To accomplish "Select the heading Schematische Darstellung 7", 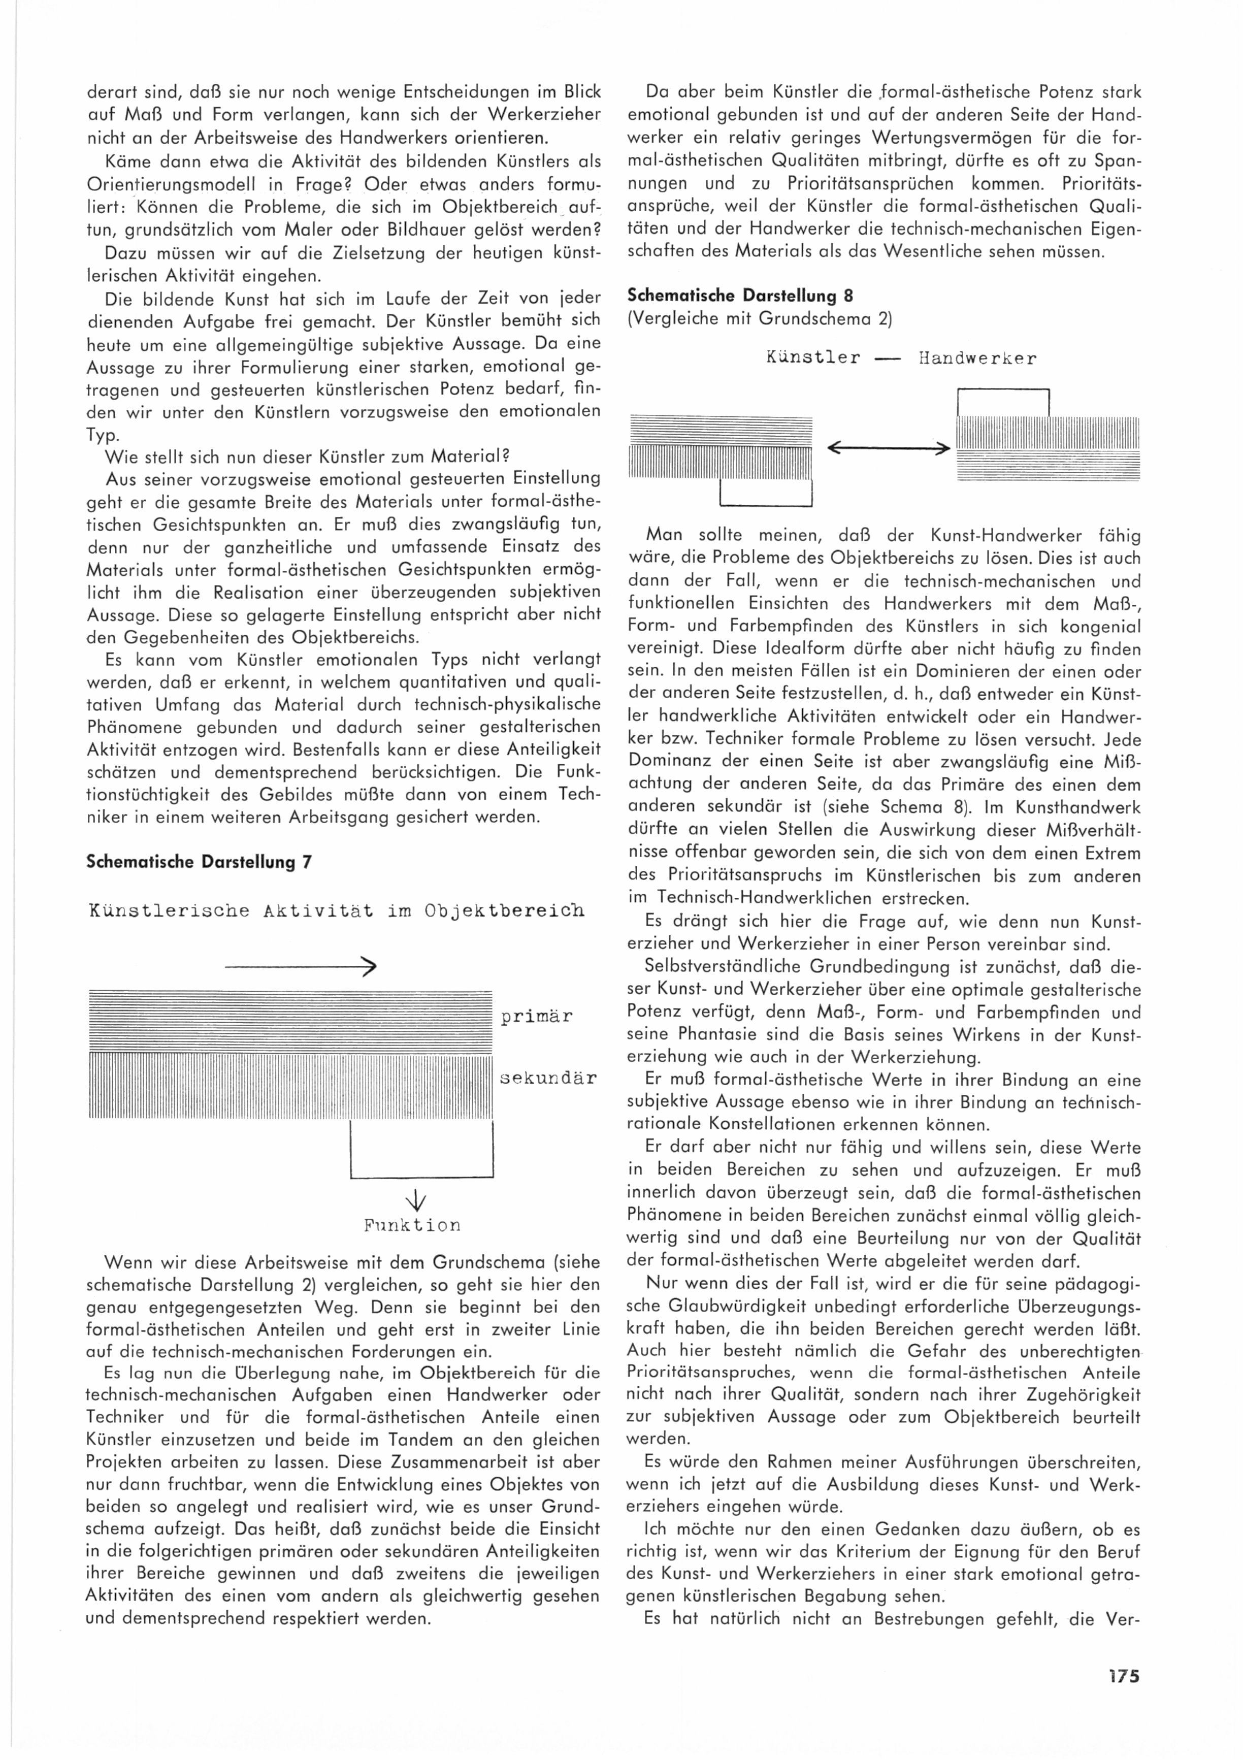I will (199, 862).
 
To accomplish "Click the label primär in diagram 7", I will (536, 1017).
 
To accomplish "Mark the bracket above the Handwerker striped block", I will (1002, 401).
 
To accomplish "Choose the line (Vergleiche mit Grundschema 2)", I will (760, 318).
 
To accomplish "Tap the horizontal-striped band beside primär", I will (289, 1022).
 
